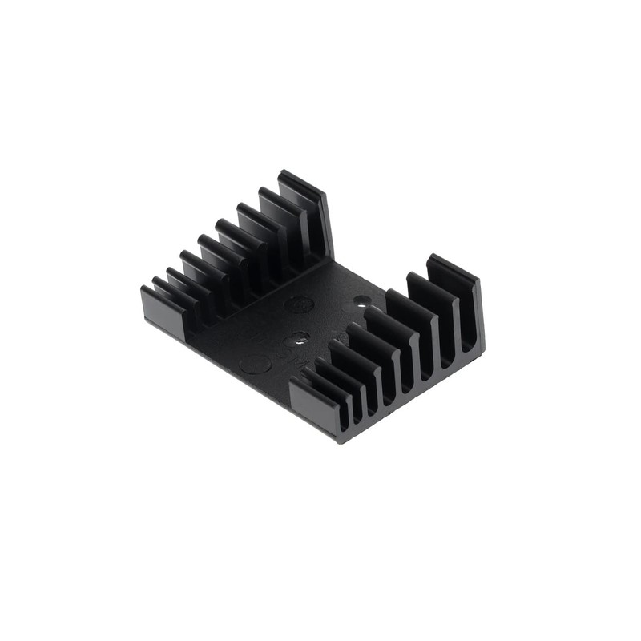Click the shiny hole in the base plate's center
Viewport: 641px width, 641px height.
[297, 339]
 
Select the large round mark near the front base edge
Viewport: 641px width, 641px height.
[256, 364]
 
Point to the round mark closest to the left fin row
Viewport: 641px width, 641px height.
[299, 304]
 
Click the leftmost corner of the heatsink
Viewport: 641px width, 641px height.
[143, 290]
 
